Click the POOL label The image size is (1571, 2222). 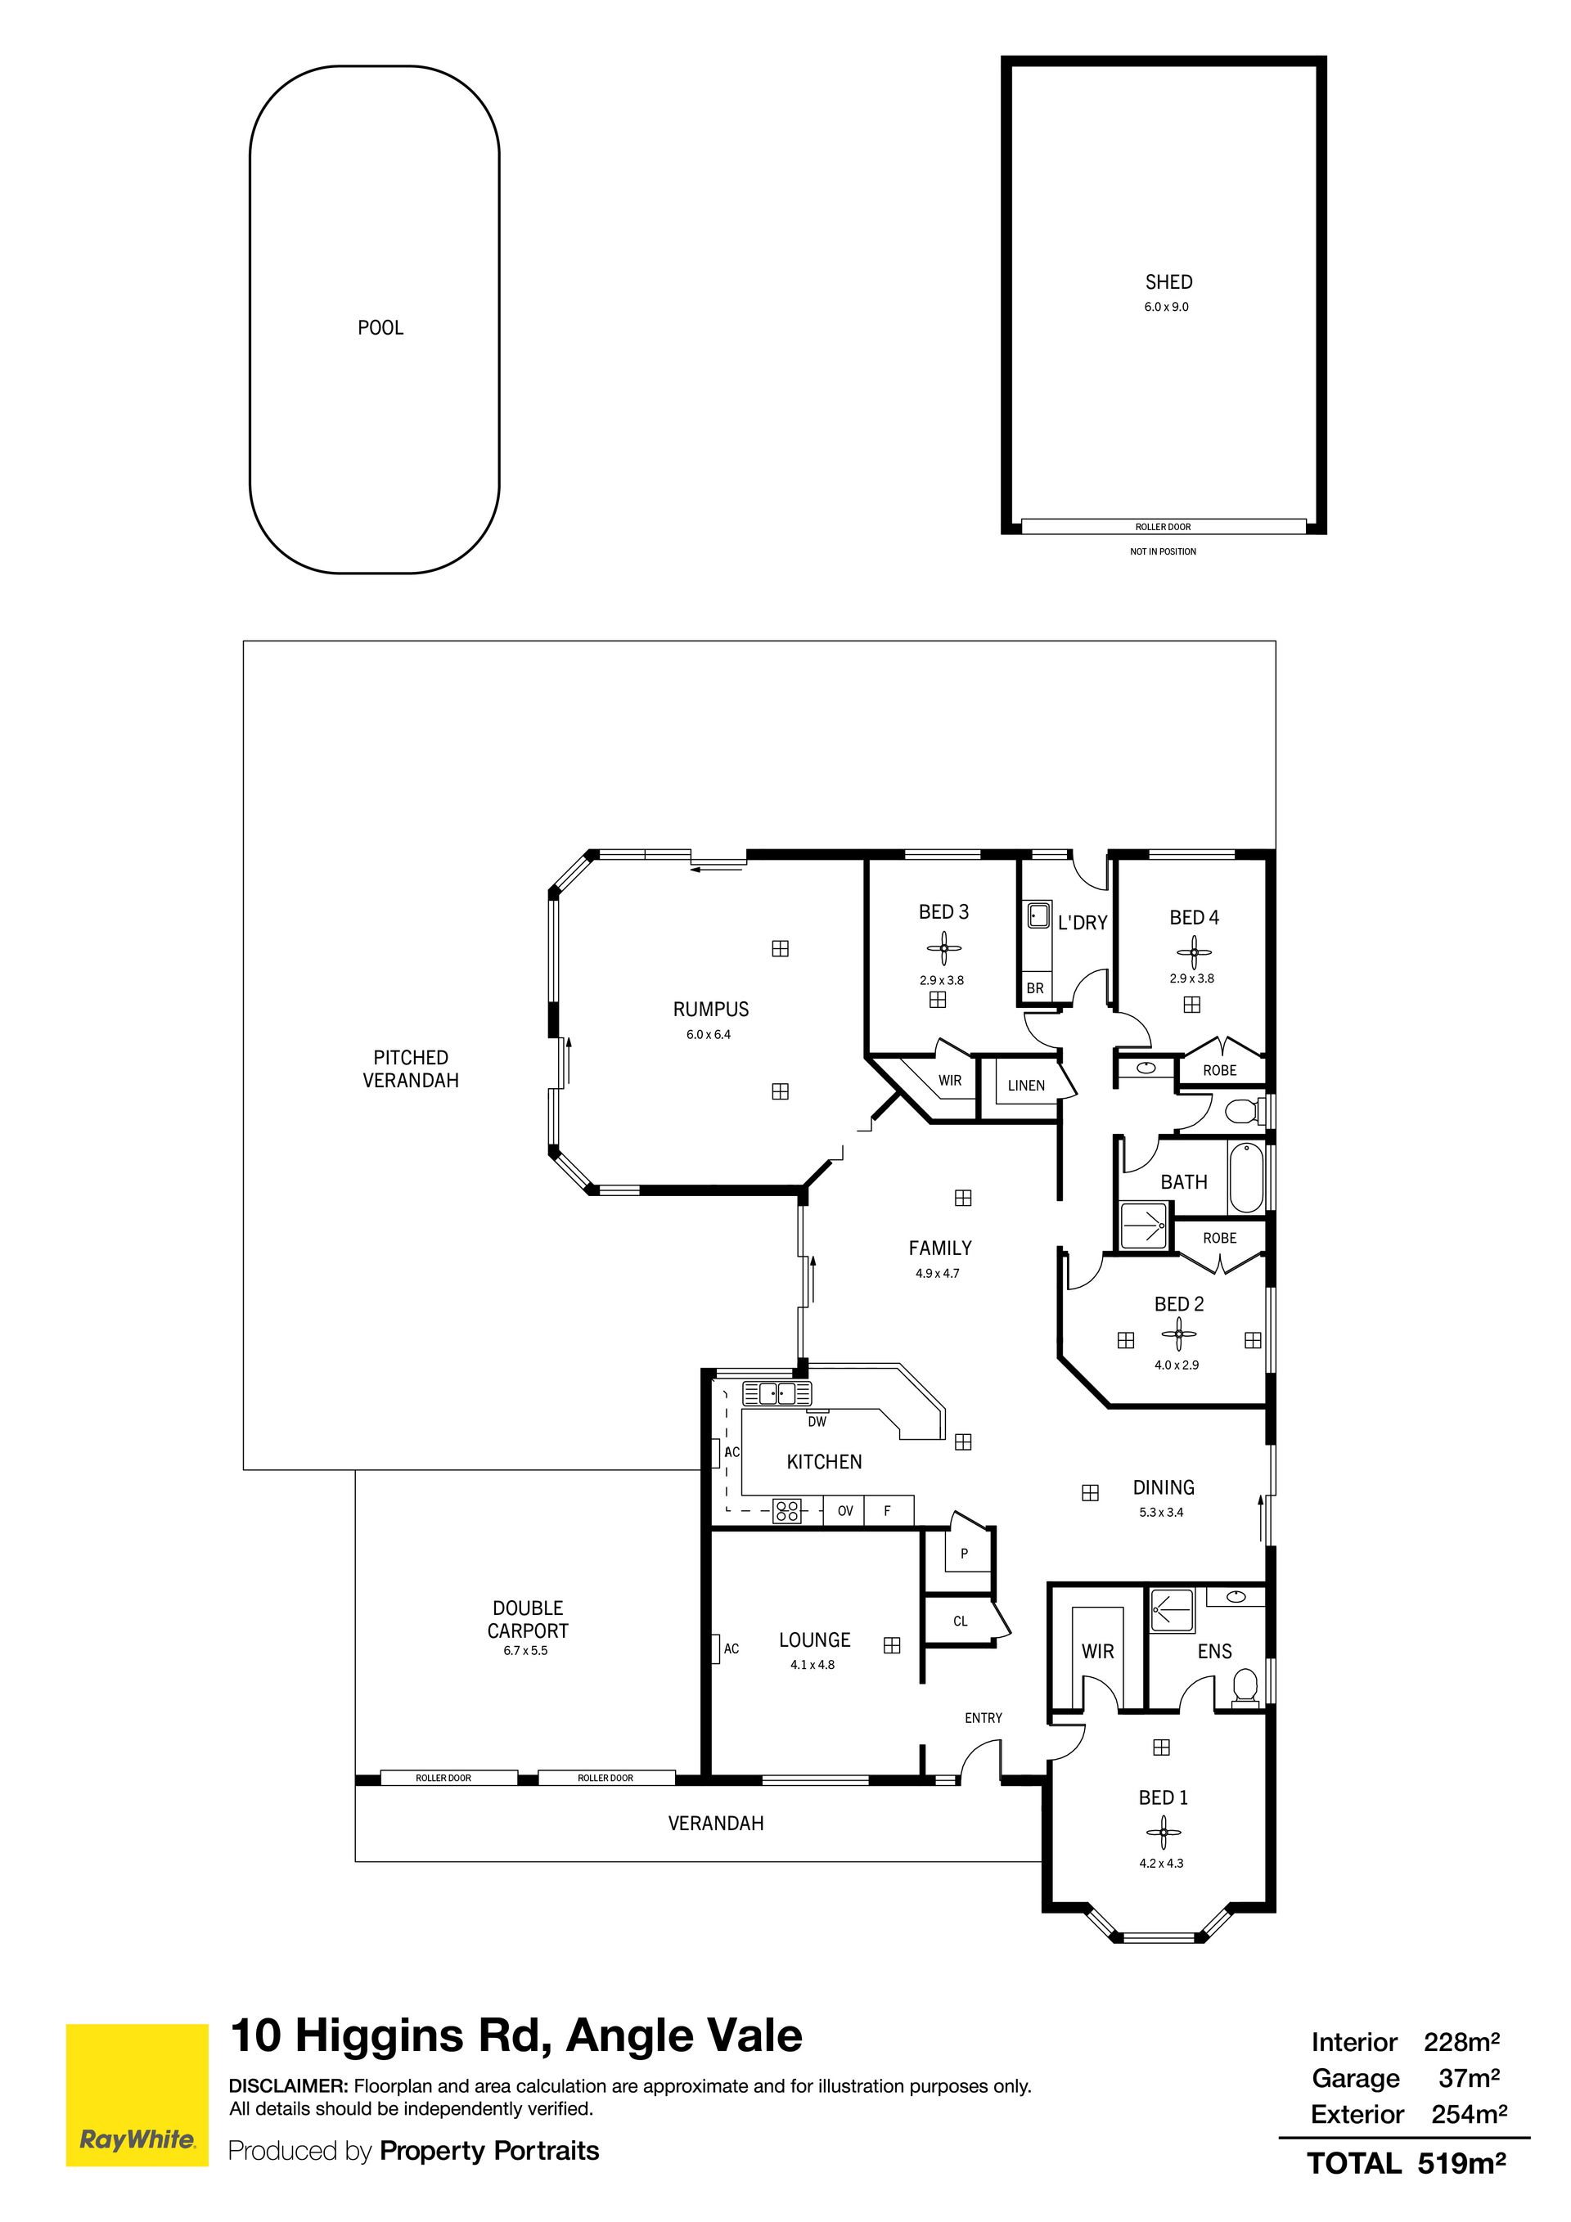pyautogui.click(x=380, y=328)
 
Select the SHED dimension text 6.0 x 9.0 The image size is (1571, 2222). pyautogui.click(x=1167, y=307)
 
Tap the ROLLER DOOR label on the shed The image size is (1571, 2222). pyautogui.click(x=1164, y=528)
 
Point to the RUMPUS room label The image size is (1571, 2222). pyautogui.click(x=712, y=1010)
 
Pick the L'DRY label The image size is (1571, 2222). pyautogui.click(x=1083, y=924)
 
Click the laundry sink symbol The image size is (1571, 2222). pyautogui.click(x=1038, y=915)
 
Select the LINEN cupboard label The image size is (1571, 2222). pyautogui.click(x=1026, y=1086)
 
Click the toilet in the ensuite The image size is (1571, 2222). pyautogui.click(x=1246, y=1684)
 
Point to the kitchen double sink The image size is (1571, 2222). pyautogui.click(x=776, y=1393)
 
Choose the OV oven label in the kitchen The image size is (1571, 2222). pyautogui.click(x=845, y=1511)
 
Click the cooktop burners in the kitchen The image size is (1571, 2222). pyautogui.click(x=787, y=1511)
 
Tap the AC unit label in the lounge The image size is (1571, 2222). pyautogui.click(x=731, y=1649)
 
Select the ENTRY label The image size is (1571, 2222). pyautogui.click(x=984, y=1718)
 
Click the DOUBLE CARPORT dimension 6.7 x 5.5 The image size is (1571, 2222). pyautogui.click(x=525, y=1651)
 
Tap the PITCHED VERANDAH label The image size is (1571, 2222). pyautogui.click(x=411, y=1069)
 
